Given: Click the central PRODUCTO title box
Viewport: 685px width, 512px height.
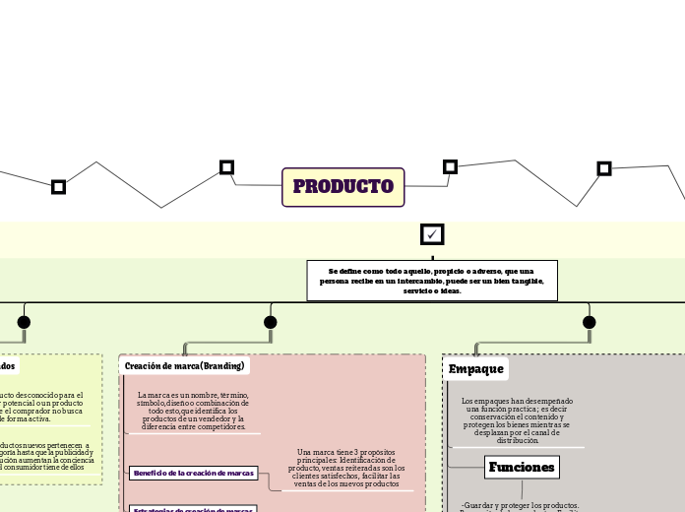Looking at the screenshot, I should coord(342,187).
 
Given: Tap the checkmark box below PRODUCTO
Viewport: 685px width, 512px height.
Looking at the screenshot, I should coord(432,234).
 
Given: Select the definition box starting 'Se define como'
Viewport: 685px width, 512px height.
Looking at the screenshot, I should coord(432,281).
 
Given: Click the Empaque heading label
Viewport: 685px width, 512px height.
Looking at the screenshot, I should coord(476,369).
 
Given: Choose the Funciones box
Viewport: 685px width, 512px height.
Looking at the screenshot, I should coord(522,467).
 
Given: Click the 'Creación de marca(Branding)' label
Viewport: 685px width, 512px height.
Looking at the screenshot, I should coord(184,366).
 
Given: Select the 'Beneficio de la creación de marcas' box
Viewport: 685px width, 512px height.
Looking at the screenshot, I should coord(193,474).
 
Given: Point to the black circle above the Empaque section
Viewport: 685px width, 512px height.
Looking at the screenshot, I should coord(590,322).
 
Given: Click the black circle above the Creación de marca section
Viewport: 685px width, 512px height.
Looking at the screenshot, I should coord(271,322).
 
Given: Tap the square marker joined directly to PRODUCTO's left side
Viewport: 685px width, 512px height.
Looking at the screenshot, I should coord(226,167).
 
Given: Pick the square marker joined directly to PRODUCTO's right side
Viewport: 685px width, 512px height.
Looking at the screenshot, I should coord(450,166).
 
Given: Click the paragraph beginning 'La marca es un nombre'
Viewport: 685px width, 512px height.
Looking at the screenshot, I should coord(193,411).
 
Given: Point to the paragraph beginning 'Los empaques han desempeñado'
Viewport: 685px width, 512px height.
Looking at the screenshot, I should coord(517,421).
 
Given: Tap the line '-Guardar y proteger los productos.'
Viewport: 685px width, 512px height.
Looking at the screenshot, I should coord(520,505).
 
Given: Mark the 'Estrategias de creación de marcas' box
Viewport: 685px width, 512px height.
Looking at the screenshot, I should coord(193,509).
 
